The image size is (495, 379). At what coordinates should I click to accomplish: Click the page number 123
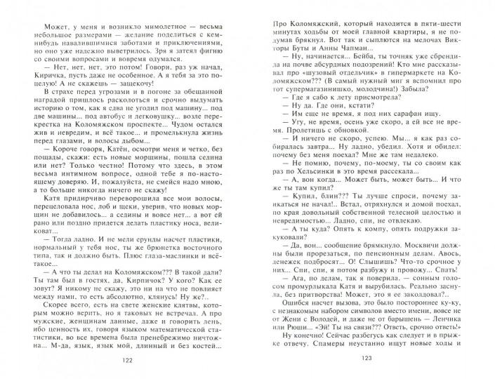366,359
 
